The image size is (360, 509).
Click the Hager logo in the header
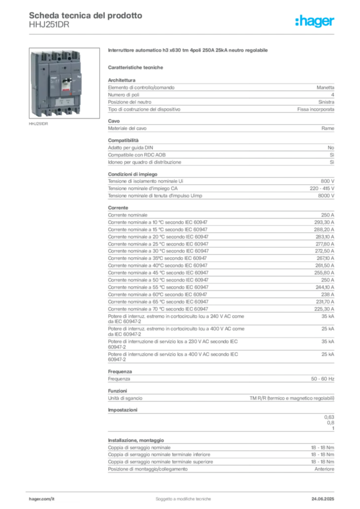314,21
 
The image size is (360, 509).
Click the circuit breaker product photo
64,83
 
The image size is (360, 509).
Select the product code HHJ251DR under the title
49,25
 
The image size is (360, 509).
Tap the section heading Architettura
122,80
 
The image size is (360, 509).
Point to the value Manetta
325,87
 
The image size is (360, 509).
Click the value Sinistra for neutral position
326,102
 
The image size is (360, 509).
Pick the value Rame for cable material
328,128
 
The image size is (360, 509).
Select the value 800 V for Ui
328,181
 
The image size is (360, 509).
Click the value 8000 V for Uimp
326,196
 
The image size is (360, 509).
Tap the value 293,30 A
324,222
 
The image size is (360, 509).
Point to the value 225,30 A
324,309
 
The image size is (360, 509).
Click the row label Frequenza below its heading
119,379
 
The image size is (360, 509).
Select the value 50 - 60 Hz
322,379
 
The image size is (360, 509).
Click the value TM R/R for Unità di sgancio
292,398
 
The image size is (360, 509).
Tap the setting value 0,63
329,417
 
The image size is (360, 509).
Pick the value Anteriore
324,469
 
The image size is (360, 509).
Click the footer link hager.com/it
42,499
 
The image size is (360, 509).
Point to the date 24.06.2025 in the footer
323,499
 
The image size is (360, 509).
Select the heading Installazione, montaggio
136,440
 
